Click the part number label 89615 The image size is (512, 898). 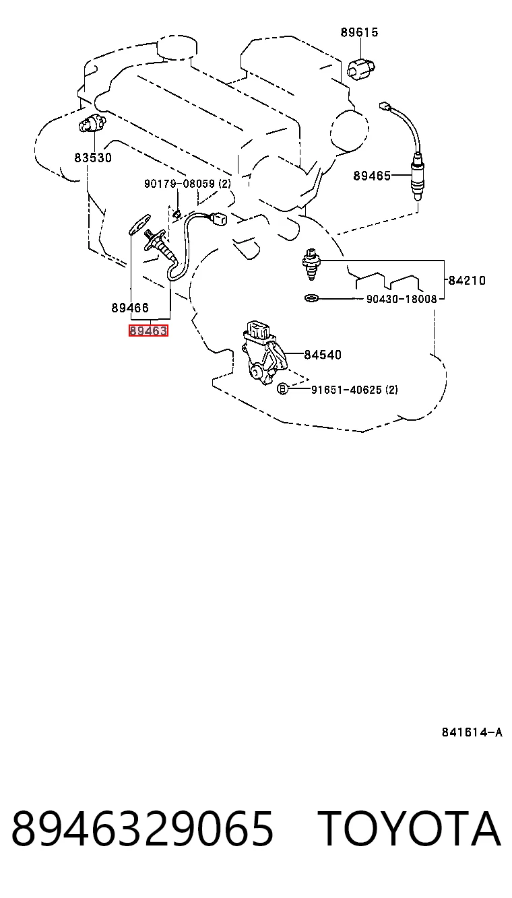pos(359,32)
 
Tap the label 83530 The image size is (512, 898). pos(93,158)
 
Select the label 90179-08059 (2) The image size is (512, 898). pos(188,184)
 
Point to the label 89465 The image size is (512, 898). pos(372,176)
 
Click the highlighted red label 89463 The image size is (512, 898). pos(148,331)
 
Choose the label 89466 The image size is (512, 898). pos(130,308)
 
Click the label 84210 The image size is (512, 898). pos(467,280)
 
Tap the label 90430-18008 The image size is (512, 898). pos(402,299)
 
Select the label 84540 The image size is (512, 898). pos(323,354)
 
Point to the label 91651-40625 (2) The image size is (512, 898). pos(355,389)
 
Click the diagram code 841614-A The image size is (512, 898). pos(472,732)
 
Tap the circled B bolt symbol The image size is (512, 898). pos(283,388)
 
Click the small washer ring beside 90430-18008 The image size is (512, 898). pos(311,298)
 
